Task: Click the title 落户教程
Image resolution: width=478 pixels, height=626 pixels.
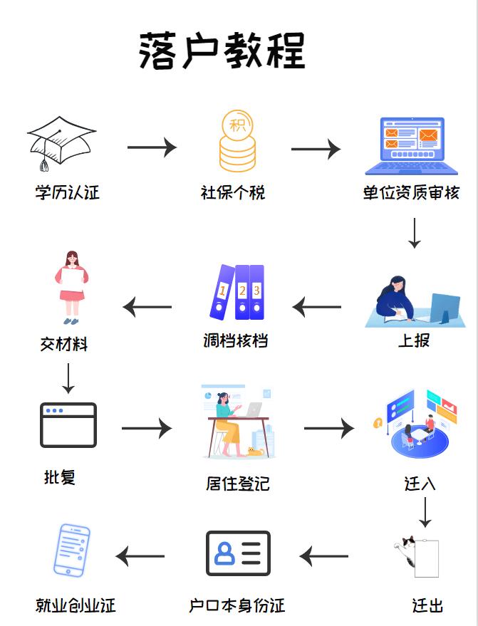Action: pyautogui.click(x=222, y=51)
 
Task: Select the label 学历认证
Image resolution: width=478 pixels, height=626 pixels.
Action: pyautogui.click(x=68, y=192)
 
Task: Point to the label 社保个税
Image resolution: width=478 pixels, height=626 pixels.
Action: pyautogui.click(x=233, y=192)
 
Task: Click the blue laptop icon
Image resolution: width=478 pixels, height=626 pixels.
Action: pyautogui.click(x=412, y=146)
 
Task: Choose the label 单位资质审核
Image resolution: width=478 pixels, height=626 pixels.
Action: pyautogui.click(x=411, y=192)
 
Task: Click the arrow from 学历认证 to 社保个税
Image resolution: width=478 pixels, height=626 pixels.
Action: pyautogui.click(x=152, y=147)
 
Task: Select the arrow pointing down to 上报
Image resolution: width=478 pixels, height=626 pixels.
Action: pyautogui.click(x=414, y=233)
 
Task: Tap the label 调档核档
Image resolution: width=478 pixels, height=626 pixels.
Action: pyautogui.click(x=235, y=340)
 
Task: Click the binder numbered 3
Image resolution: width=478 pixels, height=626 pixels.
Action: pyautogui.click(x=256, y=292)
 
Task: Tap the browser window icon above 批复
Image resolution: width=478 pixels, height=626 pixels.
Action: pyautogui.click(x=68, y=424)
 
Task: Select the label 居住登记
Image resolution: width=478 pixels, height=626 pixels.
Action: pyautogui.click(x=238, y=484)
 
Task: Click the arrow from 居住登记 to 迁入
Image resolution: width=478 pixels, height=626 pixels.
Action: pyautogui.click(x=328, y=428)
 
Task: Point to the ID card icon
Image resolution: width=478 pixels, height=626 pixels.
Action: pyautogui.click(x=238, y=553)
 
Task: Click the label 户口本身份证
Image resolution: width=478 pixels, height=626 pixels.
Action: pyautogui.click(x=237, y=606)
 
